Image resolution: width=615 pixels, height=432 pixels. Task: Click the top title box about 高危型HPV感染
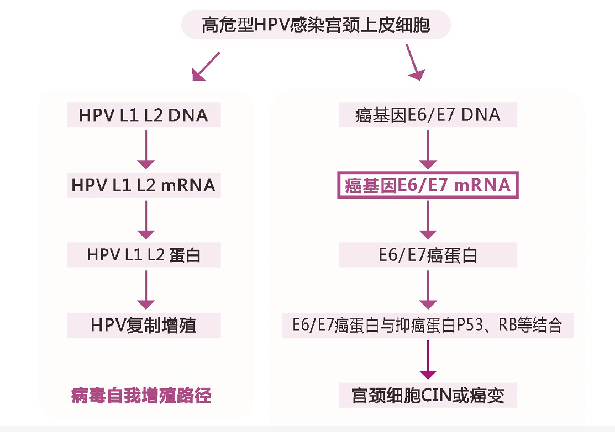(316, 25)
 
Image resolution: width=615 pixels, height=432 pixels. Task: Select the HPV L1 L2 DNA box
(144, 115)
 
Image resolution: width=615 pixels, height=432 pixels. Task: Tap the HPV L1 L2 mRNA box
(144, 185)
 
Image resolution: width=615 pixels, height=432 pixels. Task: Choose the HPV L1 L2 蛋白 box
(144, 255)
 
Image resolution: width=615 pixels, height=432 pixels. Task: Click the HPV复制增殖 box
(144, 325)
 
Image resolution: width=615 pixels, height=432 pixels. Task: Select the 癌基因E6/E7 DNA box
(428, 115)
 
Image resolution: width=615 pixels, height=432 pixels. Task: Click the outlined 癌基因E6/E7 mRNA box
(428, 185)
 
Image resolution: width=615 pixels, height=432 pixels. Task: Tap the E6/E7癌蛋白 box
(428, 255)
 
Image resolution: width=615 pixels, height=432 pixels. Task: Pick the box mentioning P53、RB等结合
(428, 325)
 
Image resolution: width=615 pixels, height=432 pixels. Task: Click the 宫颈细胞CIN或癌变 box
(428, 396)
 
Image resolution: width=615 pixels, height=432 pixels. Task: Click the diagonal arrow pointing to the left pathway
(206, 67)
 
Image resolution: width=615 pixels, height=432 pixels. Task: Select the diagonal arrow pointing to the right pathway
(414, 61)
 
